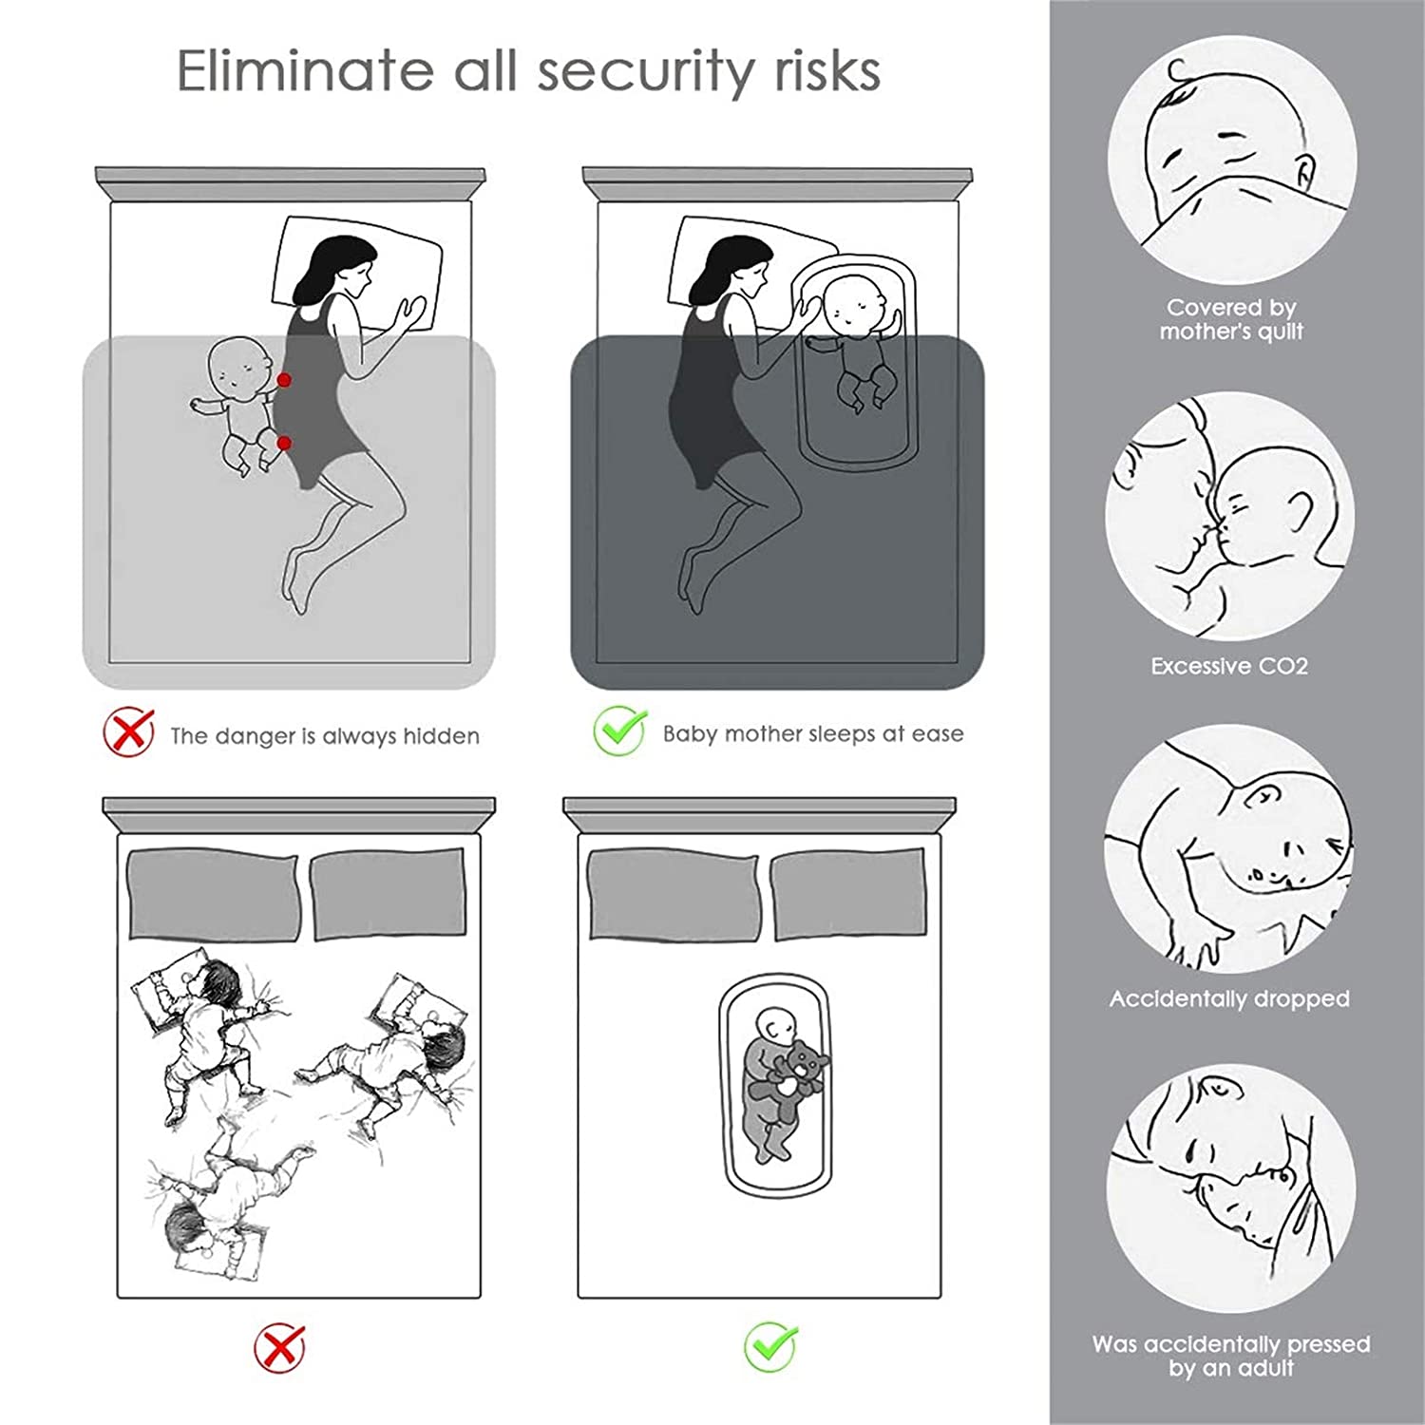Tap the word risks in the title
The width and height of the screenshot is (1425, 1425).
pos(826,70)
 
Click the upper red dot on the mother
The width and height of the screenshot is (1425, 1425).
pos(283,380)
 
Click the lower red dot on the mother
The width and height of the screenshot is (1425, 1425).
pos(283,443)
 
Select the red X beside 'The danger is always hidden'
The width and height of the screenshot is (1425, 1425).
pos(129,731)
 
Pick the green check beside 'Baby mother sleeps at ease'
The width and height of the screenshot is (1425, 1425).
pos(620,730)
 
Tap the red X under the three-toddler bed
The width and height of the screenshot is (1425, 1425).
pos(281,1348)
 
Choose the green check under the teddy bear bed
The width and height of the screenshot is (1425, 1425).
pos(770,1346)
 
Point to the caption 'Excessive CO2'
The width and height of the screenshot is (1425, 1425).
pos(1229,666)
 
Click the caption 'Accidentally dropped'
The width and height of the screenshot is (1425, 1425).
pos(1229,998)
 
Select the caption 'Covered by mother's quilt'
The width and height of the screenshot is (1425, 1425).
pos(1231,319)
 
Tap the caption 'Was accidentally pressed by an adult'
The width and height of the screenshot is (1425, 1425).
pos(1231,1356)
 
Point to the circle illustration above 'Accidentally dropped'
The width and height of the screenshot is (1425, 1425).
pos(1230,849)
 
